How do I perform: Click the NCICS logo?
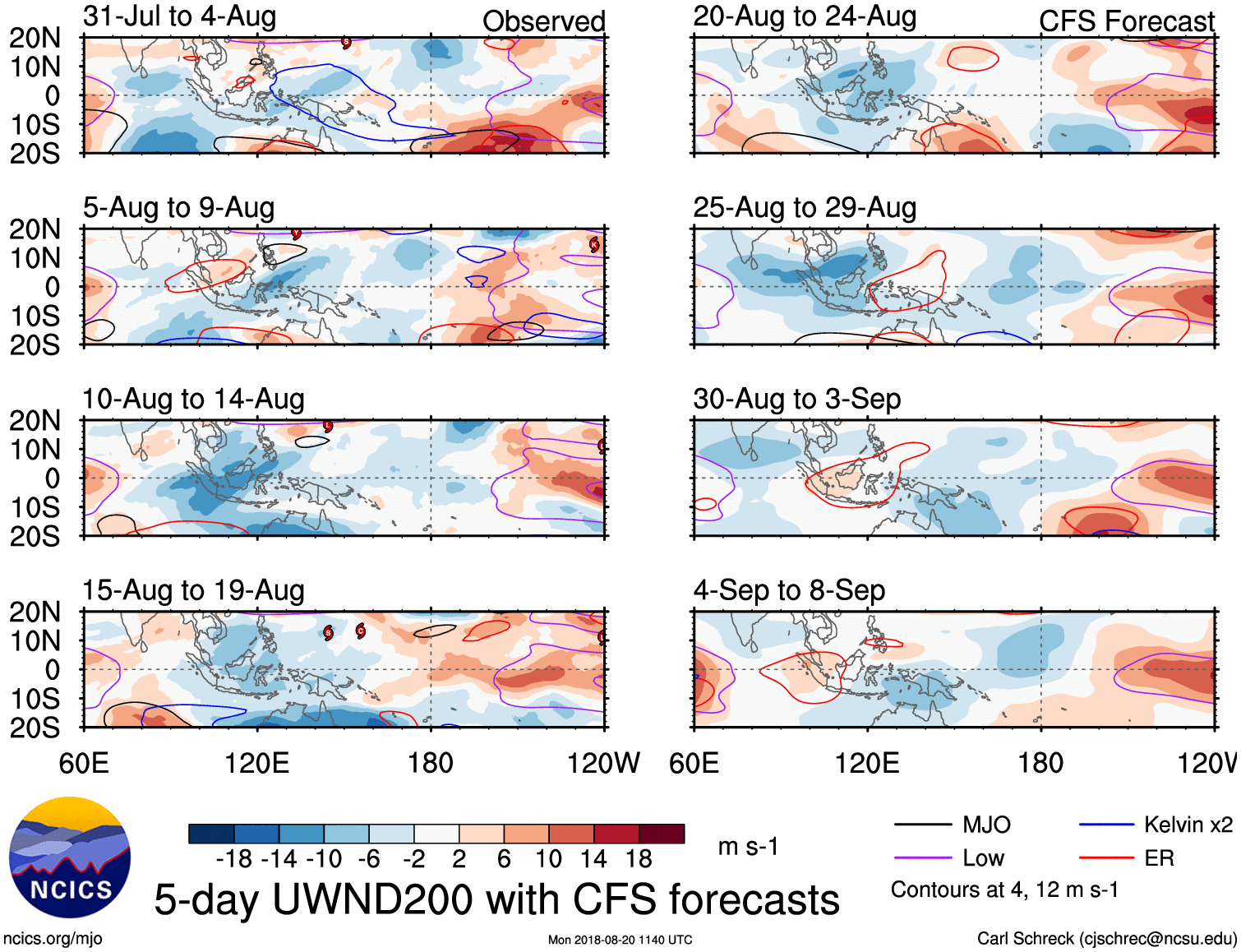(70, 857)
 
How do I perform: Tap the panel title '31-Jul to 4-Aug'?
(179, 16)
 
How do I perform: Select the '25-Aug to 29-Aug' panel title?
(805, 208)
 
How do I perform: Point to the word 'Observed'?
(543, 21)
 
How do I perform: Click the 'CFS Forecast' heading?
(1126, 21)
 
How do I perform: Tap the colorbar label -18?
(234, 859)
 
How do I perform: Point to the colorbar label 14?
(593, 859)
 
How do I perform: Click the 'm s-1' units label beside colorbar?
(748, 847)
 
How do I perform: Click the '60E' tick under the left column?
(84, 763)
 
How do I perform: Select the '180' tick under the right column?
(1040, 763)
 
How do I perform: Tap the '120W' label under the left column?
(602, 763)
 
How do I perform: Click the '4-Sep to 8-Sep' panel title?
(789, 590)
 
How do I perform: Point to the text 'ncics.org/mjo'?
(53, 939)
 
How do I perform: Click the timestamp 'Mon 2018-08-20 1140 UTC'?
(620, 940)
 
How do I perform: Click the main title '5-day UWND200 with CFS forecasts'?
(496, 899)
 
